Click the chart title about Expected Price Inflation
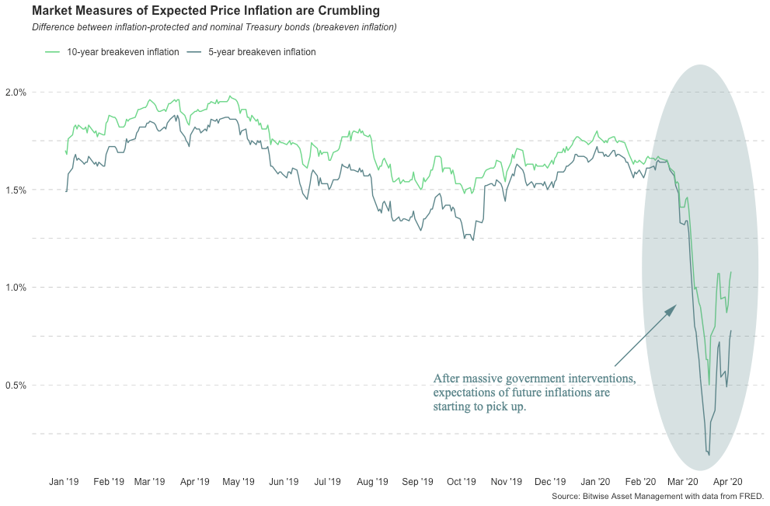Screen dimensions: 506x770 (206, 11)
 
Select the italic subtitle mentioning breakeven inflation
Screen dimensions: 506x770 (214, 27)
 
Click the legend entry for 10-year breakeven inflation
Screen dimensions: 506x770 (112, 52)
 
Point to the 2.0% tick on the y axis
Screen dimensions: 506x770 (16, 92)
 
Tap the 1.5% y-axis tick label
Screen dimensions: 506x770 (16, 190)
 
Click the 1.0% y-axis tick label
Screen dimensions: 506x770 (16, 288)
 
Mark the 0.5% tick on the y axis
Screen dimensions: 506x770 (16, 385)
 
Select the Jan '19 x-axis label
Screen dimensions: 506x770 (64, 482)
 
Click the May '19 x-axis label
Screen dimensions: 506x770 (239, 482)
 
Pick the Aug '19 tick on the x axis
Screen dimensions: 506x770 (372, 482)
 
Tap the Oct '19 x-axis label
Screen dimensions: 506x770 (462, 482)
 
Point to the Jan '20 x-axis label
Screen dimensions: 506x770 (596, 482)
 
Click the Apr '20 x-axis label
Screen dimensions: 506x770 (728, 482)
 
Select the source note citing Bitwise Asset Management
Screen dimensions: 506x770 (657, 496)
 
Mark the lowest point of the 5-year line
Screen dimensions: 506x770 (709, 455)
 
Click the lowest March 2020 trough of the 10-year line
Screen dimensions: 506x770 (709, 385)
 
